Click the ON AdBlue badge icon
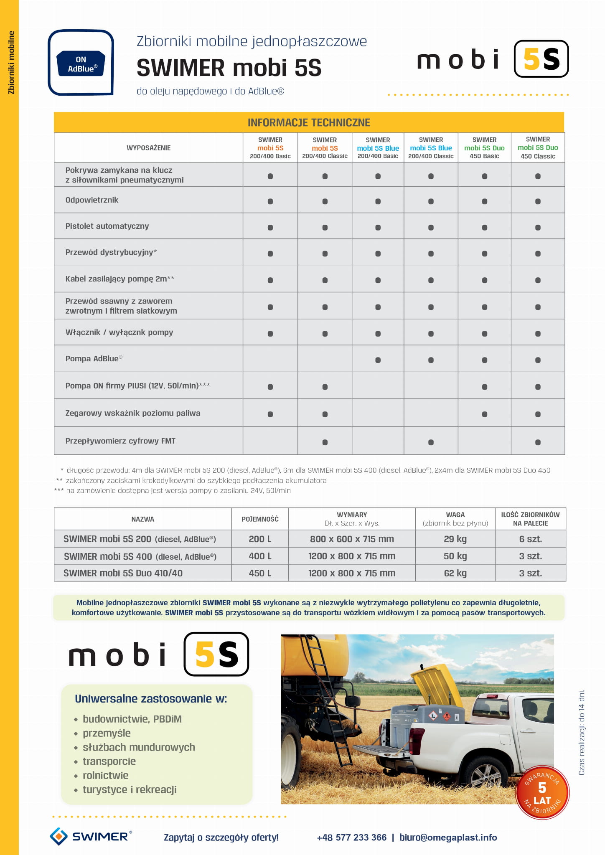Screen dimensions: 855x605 coord(81,63)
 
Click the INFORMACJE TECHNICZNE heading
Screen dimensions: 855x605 coord(309,122)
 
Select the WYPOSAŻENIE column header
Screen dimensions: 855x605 coord(148,148)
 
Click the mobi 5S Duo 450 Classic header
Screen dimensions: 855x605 coord(538,148)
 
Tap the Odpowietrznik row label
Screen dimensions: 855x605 coord(92,200)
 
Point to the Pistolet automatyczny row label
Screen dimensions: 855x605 coord(107,226)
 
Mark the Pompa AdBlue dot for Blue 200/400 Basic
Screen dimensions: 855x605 coord(378,360)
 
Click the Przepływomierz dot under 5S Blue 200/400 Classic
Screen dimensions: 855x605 coord(431,442)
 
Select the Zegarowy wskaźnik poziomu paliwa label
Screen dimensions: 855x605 coord(133,413)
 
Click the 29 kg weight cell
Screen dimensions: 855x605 coord(455,539)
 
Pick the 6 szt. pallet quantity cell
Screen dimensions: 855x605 coord(530,539)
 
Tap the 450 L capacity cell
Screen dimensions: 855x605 coord(260,573)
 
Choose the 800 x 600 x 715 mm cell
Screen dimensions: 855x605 coord(352,539)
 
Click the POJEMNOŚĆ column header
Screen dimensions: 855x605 coord(260,519)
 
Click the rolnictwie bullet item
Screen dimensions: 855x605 coord(105,775)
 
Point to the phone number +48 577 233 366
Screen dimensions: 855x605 coord(351,837)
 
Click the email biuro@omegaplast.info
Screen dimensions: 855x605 coord(448,837)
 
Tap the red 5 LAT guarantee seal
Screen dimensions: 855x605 coord(542,792)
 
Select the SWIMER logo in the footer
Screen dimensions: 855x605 coord(91,837)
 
